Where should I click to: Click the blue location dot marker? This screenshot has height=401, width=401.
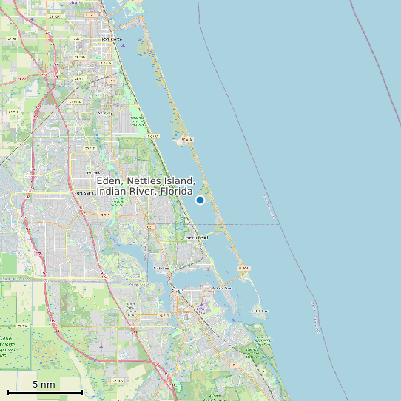point(200,200)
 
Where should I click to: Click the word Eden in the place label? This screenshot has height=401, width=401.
point(109,181)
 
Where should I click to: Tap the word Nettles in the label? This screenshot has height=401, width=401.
point(144,181)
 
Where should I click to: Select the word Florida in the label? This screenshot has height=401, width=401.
point(174,192)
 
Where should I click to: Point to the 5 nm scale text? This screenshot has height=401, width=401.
point(44,385)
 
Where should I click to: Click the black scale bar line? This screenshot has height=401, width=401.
point(44,392)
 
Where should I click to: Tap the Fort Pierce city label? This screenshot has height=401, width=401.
point(111,39)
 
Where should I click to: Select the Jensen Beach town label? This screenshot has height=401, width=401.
point(193,237)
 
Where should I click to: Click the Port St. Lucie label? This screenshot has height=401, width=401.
point(82,192)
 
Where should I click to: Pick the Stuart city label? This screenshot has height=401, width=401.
point(178,290)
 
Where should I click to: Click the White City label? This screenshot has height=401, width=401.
point(90,149)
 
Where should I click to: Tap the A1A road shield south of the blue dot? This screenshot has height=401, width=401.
point(243,268)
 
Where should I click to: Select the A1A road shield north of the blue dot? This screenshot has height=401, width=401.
point(186,139)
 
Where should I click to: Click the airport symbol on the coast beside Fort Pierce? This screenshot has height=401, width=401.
point(123,46)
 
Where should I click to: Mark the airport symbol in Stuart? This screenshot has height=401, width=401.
point(201,303)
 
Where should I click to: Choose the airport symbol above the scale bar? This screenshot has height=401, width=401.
point(101,346)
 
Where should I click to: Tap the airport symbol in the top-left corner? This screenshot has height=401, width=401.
point(32,20)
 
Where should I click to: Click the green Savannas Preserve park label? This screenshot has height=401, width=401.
point(136,121)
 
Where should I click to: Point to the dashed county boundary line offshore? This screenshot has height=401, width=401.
point(252,224)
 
